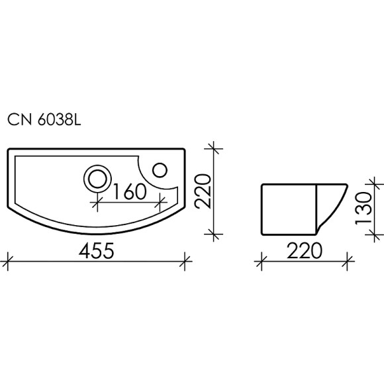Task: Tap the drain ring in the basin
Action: pyautogui.click(x=97, y=177)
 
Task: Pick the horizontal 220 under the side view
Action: pyautogui.click(x=304, y=251)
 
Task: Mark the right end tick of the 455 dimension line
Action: pyautogui.click(x=186, y=260)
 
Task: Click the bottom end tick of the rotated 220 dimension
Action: pyautogui.click(x=213, y=232)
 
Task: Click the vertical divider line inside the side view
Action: pyautogui.click(x=317, y=209)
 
